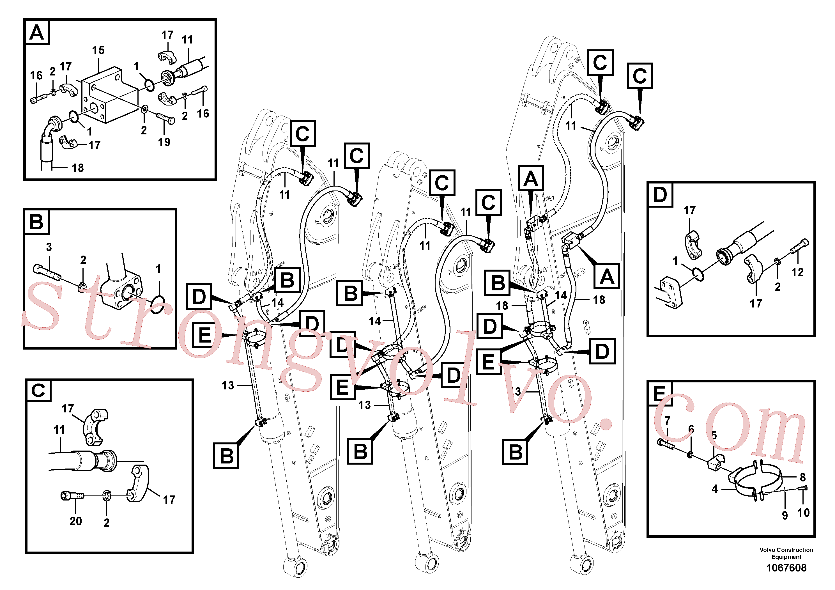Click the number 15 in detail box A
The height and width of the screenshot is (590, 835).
[98, 50]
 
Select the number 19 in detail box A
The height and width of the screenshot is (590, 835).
[164, 142]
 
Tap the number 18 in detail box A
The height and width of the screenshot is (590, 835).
[77, 168]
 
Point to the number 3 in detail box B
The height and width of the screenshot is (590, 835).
[49, 247]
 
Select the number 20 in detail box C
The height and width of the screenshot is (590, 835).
[76, 521]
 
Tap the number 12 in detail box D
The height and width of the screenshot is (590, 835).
[797, 272]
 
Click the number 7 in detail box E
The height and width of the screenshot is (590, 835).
[667, 421]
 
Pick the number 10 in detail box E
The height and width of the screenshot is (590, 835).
[803, 513]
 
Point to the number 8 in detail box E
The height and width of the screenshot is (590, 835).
[803, 477]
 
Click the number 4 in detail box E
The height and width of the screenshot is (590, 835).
[715, 489]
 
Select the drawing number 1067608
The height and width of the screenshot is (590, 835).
[786, 568]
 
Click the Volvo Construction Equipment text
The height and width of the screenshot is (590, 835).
[786, 553]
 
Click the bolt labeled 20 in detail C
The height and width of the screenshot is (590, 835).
[72, 496]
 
